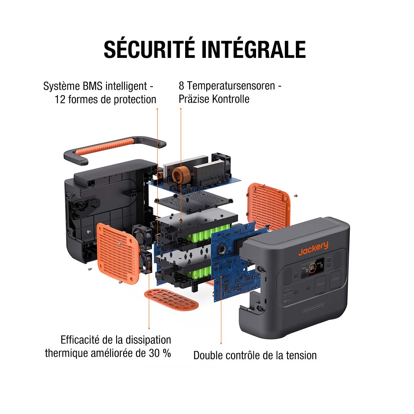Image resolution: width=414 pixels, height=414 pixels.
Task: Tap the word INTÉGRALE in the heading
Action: coord(254,48)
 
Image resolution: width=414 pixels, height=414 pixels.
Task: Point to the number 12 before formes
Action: coord(60,100)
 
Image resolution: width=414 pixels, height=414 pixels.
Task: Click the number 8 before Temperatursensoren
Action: coord(181,85)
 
